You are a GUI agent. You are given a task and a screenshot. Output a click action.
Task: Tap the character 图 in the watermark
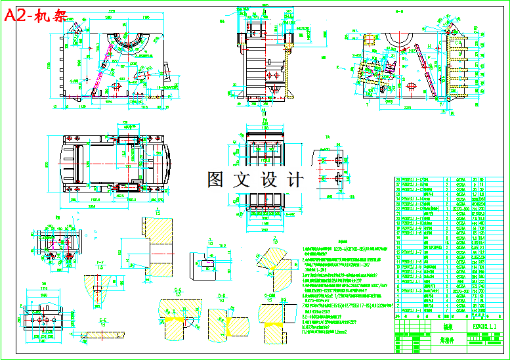[217, 179]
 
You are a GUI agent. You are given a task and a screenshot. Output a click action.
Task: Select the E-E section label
[102, 319]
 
